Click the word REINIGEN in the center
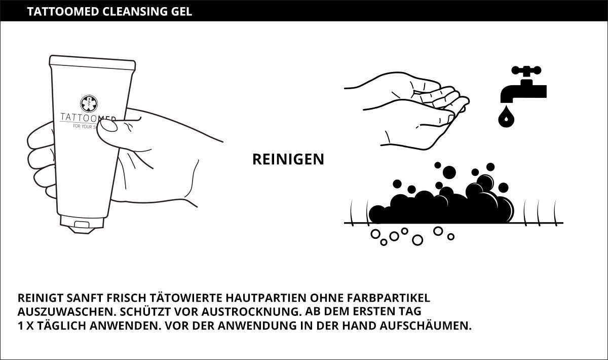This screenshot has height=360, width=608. [x=288, y=159]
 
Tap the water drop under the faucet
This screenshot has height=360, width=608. [x=506, y=117]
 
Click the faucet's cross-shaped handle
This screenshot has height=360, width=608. [x=526, y=70]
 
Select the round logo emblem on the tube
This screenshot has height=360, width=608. [x=89, y=103]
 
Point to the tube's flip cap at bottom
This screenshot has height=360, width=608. [x=82, y=225]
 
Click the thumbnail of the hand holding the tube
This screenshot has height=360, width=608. [x=109, y=125]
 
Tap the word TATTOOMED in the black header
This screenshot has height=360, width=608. [x=63, y=12]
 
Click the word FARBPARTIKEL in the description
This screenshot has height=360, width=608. [x=389, y=298]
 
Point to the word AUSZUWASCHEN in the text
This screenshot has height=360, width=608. [x=67, y=312]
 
